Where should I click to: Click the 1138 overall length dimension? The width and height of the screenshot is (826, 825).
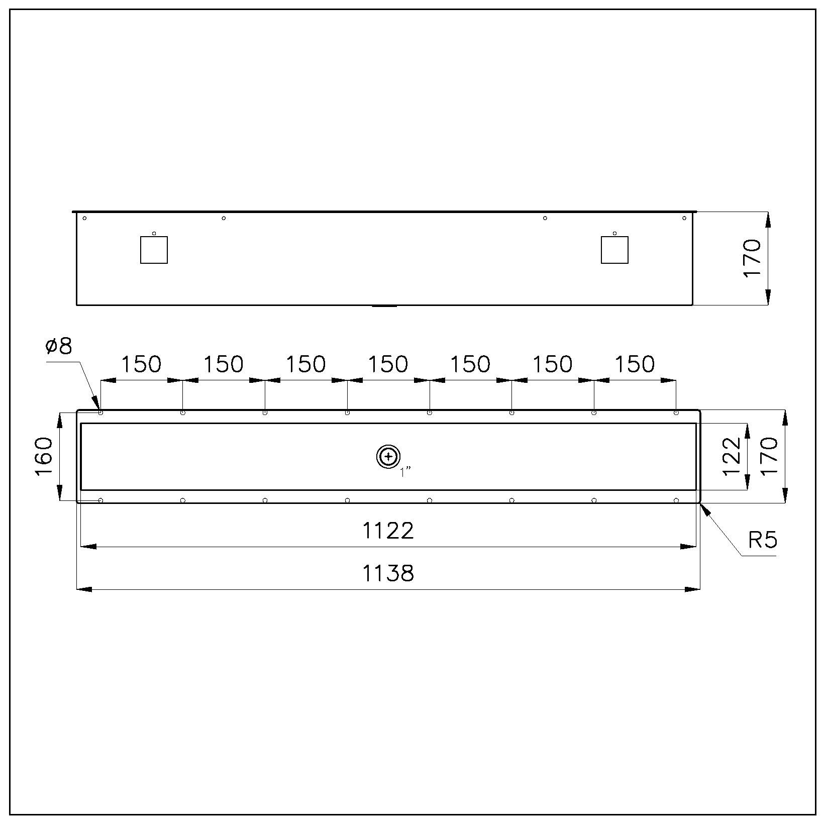[x=388, y=573]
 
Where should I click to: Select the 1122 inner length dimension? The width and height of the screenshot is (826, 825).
[x=388, y=531]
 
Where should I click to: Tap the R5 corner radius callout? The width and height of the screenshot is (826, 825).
[x=763, y=540]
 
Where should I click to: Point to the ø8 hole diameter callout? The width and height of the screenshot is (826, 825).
[x=59, y=346]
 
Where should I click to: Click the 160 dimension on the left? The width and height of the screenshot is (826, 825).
[x=45, y=456]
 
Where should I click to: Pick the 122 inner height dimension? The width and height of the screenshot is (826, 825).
[x=732, y=456]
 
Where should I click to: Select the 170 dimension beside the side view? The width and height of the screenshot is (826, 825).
[x=752, y=258]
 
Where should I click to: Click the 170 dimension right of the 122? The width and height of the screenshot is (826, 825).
[x=769, y=456]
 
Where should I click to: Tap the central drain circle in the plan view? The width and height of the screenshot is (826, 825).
[x=388, y=457]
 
